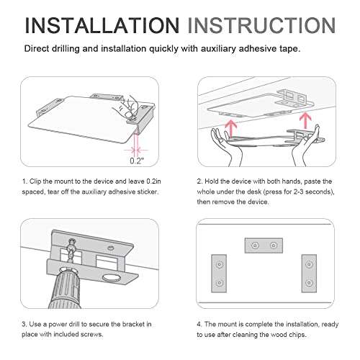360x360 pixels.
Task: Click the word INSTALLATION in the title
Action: coord(102,25)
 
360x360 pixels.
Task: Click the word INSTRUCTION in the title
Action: coord(261,25)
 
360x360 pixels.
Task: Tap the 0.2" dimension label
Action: coord(137,161)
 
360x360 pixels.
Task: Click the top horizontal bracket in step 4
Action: coord(264,246)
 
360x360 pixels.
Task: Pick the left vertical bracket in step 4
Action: coord(219,274)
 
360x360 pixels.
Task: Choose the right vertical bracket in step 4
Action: coord(309,274)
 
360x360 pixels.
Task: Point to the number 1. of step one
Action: coord(24,181)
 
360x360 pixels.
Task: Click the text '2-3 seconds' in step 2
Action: coord(312,192)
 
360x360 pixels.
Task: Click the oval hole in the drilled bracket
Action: coord(112,278)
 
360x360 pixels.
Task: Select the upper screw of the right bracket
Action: coord(309,264)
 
